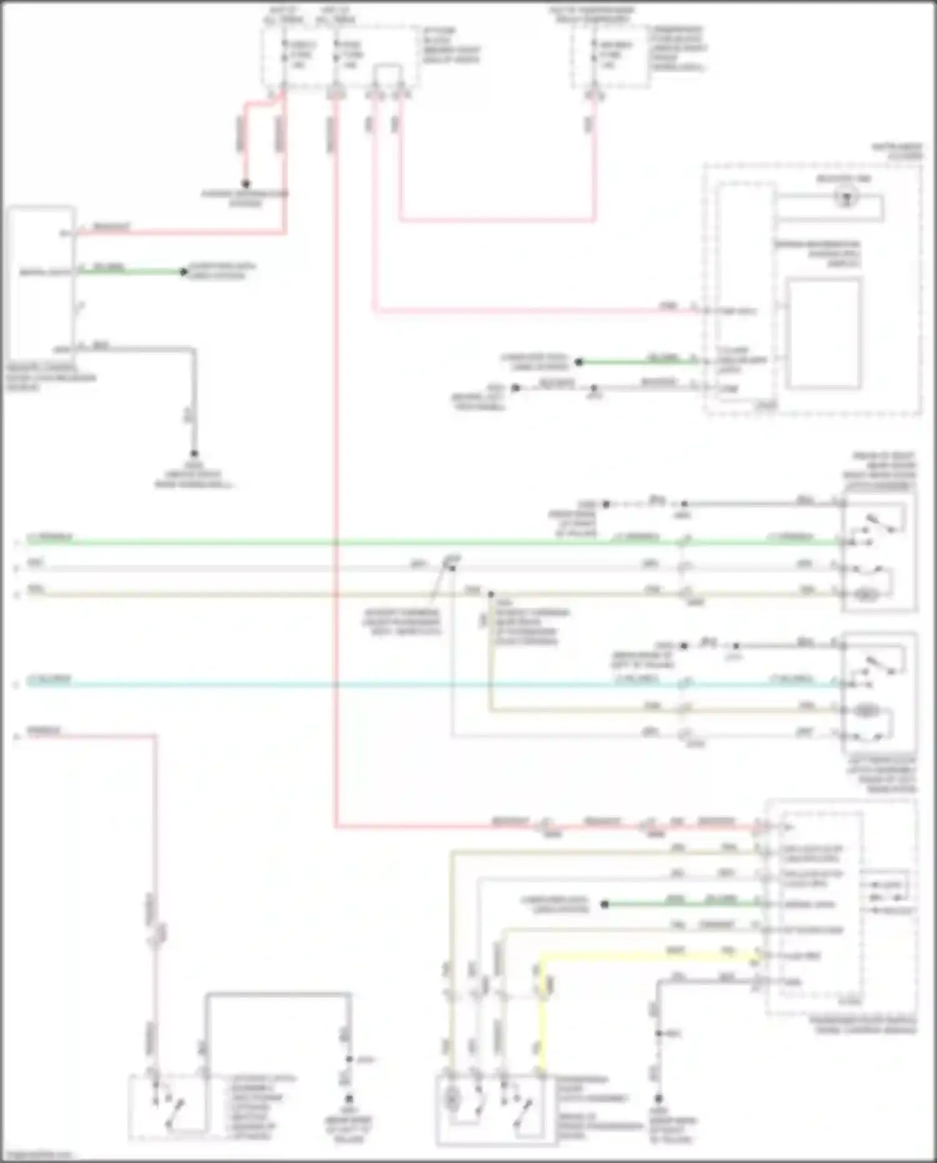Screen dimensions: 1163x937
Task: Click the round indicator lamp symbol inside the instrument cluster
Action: point(846,197)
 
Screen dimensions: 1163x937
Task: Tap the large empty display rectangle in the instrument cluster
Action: point(824,334)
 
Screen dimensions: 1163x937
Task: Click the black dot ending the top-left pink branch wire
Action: point(246,184)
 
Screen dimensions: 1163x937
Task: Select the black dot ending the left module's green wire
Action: point(184,272)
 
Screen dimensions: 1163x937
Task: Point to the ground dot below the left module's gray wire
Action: point(194,454)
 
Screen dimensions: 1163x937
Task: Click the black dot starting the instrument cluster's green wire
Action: point(578,362)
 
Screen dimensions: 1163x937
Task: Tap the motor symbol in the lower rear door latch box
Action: point(866,711)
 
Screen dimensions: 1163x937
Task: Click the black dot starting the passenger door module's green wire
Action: point(604,904)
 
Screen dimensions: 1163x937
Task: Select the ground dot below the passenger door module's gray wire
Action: point(658,1098)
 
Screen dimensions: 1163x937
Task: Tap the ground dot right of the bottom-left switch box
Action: point(349,1098)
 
